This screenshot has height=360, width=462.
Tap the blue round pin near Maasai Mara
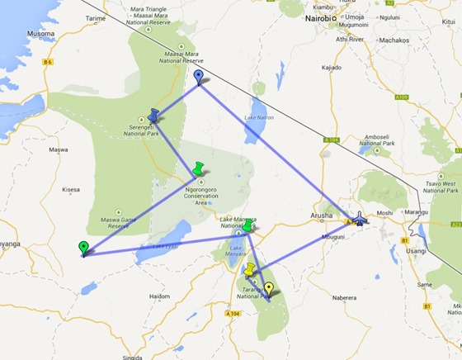click(198, 78)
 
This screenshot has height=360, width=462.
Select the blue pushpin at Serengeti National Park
click(153, 115)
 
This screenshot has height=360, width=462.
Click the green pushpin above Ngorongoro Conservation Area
click(198, 168)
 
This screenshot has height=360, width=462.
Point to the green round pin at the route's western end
click(82, 247)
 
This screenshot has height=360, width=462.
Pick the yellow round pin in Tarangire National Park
click(268, 288)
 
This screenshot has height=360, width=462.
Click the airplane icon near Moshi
click(360, 219)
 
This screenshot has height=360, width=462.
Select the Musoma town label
click(41, 34)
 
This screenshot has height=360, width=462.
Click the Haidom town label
click(158, 296)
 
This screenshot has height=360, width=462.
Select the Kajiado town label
click(331, 67)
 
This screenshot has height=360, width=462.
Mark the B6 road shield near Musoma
click(48, 62)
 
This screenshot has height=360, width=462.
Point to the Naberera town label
click(343, 297)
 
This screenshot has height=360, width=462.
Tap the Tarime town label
click(96, 17)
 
